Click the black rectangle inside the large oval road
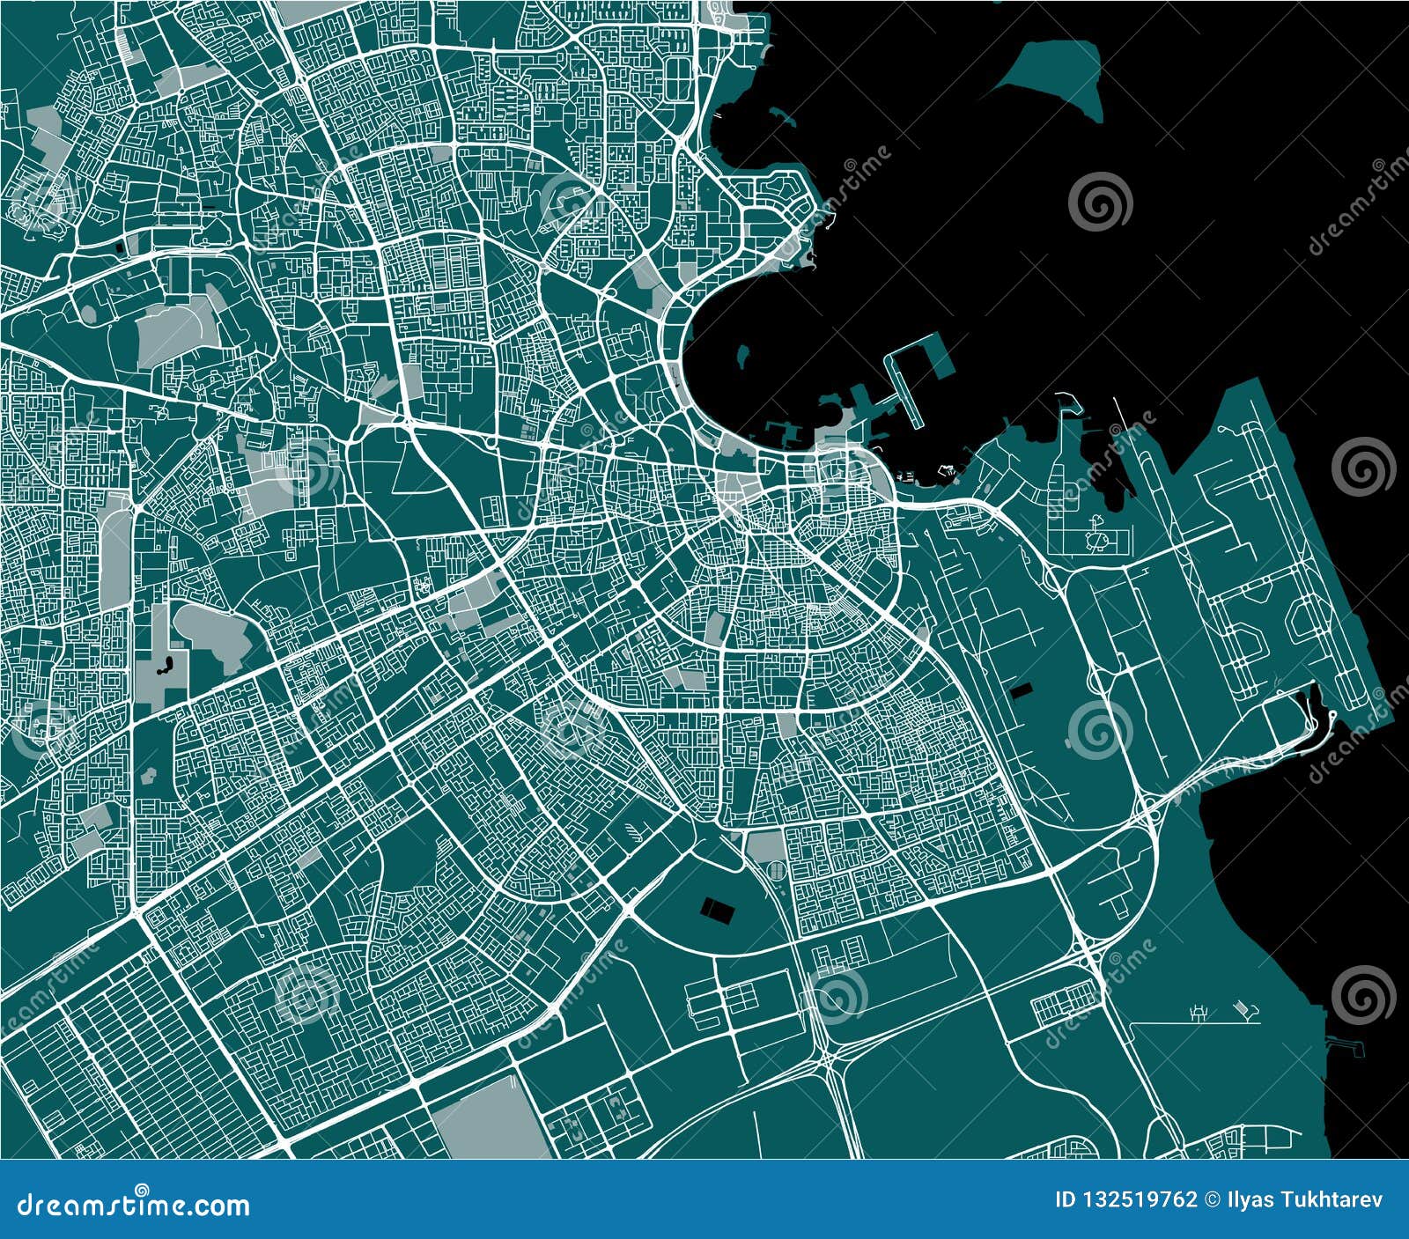(x=717, y=911)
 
